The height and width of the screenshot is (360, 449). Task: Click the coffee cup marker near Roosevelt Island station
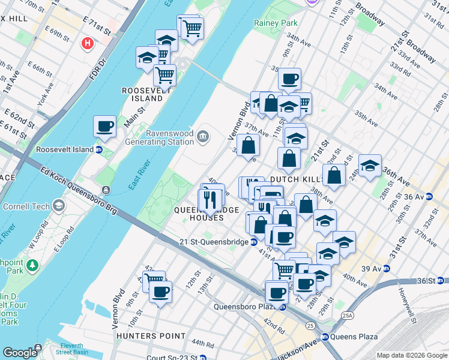[x=104, y=127]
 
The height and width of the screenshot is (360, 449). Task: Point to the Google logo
[x=20, y=353]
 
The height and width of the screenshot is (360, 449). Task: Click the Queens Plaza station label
[x=356, y=337]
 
